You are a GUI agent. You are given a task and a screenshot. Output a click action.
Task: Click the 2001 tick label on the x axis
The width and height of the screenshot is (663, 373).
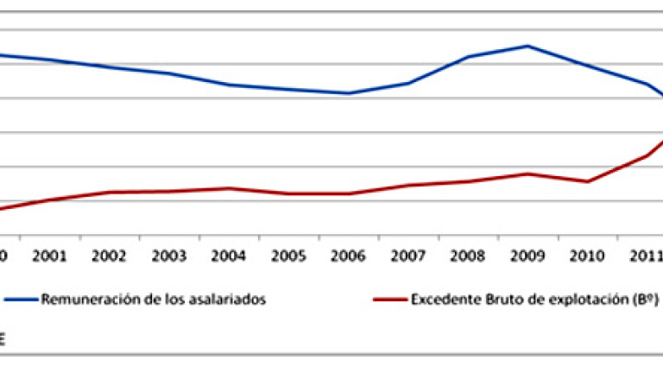point(49,256)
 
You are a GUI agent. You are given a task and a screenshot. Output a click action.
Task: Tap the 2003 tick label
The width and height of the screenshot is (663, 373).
point(169,256)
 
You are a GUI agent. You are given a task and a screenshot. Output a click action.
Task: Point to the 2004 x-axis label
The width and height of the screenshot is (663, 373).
point(229,256)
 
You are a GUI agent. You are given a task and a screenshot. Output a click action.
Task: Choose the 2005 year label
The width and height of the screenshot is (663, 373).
point(289,256)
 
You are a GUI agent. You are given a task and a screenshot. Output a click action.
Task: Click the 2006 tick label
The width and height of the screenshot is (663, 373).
point(349,256)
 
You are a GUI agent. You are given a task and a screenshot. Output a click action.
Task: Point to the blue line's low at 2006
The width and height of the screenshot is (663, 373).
point(349,93)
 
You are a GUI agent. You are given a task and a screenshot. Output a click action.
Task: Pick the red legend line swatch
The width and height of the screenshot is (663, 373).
point(390,300)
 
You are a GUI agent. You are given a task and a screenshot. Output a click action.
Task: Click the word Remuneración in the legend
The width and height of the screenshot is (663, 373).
point(80,300)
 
